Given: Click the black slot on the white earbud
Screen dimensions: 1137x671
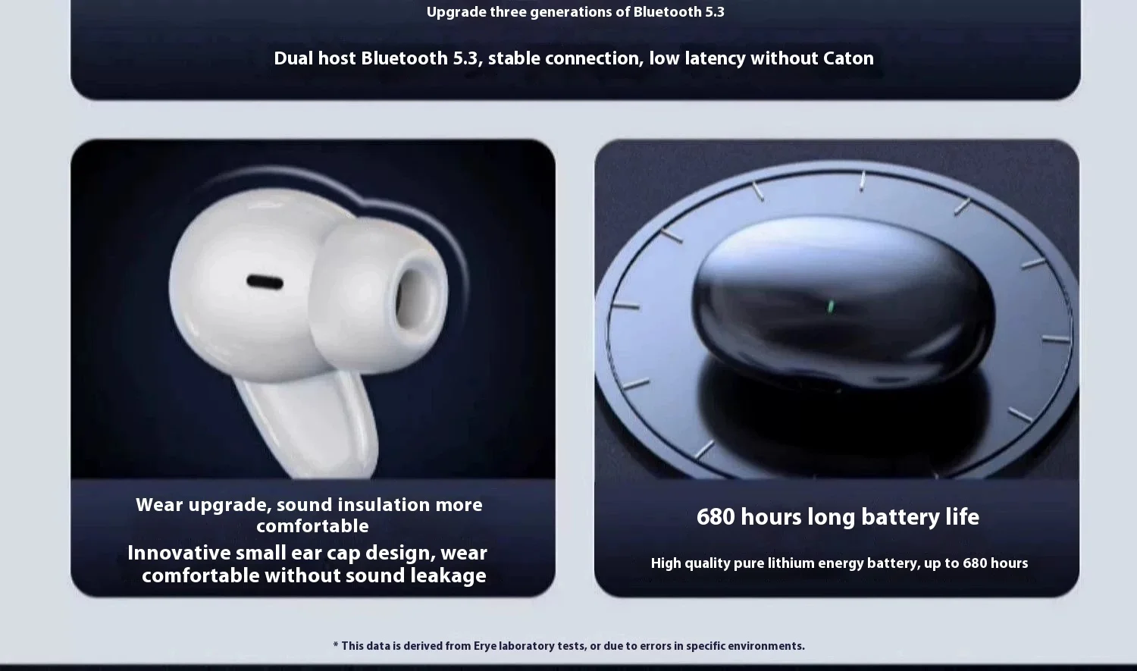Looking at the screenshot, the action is click(265, 282).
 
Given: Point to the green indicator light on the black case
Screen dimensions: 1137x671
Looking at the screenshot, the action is click(831, 306).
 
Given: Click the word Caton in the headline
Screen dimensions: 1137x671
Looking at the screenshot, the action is click(848, 58).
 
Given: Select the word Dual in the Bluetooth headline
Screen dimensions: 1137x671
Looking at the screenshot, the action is click(293, 58).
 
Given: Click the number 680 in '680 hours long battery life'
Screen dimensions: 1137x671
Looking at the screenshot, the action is click(716, 516).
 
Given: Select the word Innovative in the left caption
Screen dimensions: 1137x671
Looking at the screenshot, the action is click(179, 553).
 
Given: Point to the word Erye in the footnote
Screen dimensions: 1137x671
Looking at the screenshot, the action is click(485, 646).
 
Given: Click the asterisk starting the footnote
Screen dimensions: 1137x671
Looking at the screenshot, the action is click(336, 644).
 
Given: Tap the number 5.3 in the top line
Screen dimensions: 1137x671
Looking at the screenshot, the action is click(715, 12).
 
